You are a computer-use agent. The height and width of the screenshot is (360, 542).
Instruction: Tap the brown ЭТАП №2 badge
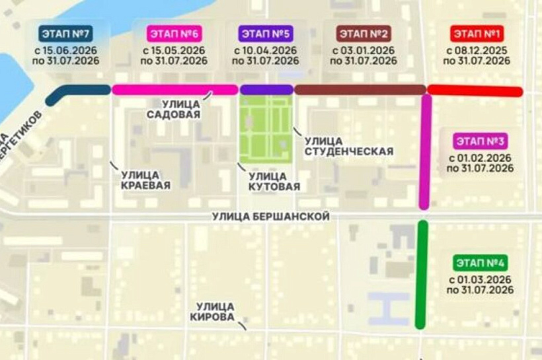pos(365,34)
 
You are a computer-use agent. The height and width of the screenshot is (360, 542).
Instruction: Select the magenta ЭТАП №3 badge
pos(480,141)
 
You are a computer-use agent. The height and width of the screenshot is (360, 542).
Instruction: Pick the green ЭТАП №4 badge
pos(480,263)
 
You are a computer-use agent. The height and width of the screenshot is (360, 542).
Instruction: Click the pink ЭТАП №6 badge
pos(174,34)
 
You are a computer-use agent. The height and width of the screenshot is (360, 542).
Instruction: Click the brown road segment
pos(360,89)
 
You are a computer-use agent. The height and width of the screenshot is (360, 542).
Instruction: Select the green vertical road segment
pos(420,274)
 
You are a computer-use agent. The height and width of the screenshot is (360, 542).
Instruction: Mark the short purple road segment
pos(266,89)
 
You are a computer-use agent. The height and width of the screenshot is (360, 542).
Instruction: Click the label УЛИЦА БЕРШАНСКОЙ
pos(270,217)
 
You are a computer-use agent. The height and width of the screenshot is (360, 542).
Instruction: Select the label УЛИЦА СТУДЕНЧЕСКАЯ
pos(348,146)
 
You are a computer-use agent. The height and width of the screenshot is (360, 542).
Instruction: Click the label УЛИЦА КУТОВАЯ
pos(274,181)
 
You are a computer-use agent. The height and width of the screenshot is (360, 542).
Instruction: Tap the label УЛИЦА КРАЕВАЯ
pos(145,180)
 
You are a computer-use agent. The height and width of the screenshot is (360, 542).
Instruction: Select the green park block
pos(266,129)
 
